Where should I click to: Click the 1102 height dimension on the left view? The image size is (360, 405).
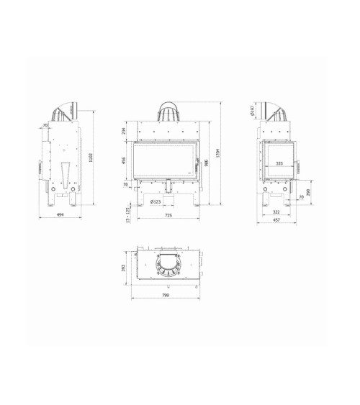click(91, 159)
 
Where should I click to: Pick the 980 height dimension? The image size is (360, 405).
click(205, 163)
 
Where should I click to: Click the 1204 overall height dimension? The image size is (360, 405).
click(217, 151)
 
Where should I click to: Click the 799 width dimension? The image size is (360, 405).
click(166, 296)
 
